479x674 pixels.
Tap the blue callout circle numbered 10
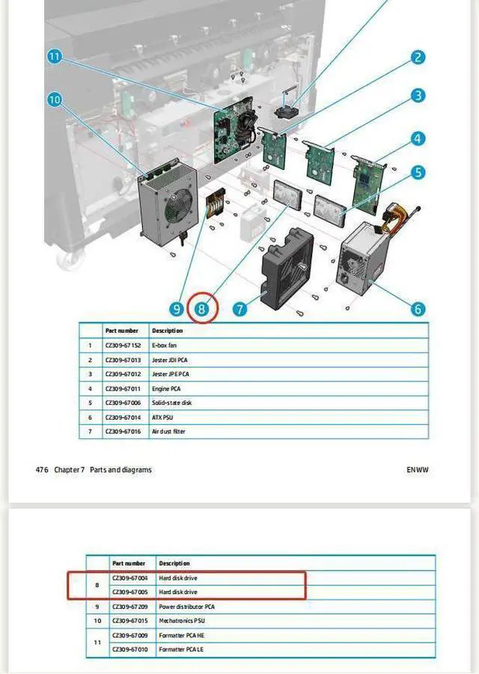[x=54, y=99]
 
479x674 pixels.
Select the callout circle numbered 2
[x=418, y=57]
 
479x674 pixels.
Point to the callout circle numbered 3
[x=418, y=95]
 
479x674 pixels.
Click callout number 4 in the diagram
[x=418, y=138]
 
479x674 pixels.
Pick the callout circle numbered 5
[x=418, y=173]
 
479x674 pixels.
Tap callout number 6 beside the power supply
[x=418, y=308]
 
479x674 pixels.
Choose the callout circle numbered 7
[x=239, y=308]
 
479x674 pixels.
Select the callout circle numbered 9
[x=177, y=308]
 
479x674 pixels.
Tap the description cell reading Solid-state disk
[x=173, y=403]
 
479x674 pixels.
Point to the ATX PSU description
[x=164, y=417]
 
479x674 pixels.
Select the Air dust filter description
[x=169, y=432]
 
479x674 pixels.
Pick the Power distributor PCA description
[x=187, y=607]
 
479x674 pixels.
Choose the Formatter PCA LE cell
[x=181, y=650]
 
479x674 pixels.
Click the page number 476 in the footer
[x=42, y=470]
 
